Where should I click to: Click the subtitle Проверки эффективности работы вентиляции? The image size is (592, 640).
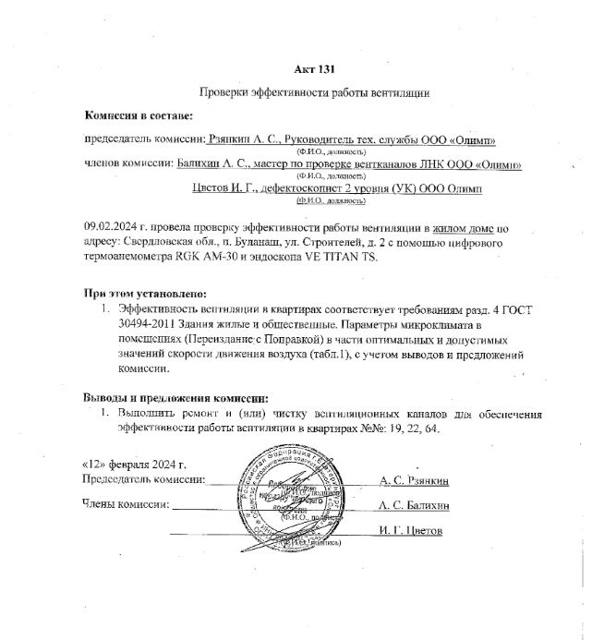point(314,93)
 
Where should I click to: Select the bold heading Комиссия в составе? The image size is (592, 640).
point(139,116)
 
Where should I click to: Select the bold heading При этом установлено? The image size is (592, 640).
point(141,294)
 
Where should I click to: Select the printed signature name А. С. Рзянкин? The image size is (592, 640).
point(414,481)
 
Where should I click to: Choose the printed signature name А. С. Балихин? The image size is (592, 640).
point(414,506)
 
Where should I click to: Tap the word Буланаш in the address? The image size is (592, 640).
point(223,242)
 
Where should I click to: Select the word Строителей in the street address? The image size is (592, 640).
point(307,242)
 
